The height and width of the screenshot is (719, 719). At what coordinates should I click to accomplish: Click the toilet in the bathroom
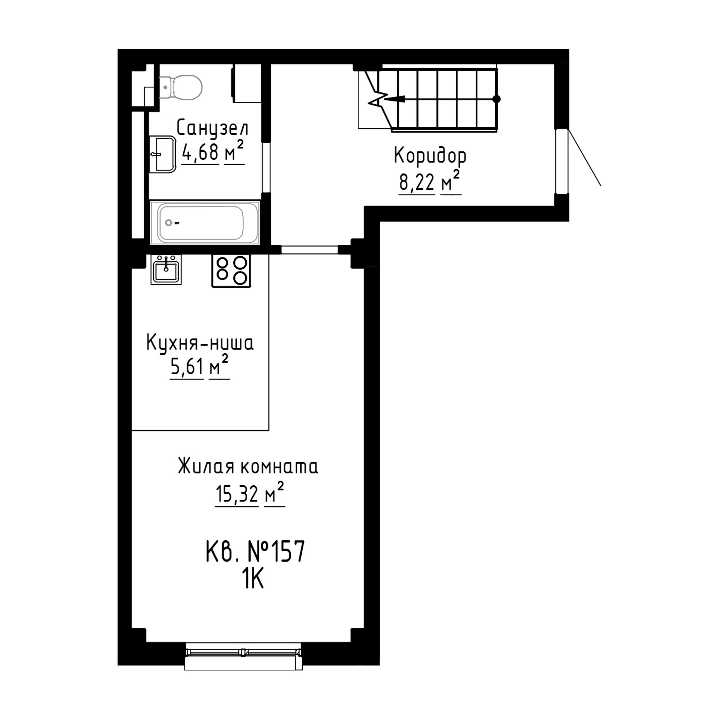pyautogui.click(x=180, y=87)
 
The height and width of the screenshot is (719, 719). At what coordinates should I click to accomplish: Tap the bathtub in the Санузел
pyautogui.click(x=205, y=223)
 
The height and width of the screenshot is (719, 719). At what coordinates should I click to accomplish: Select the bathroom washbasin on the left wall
pyautogui.click(x=162, y=154)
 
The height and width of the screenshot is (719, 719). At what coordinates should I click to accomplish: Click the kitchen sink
pyautogui.click(x=166, y=270)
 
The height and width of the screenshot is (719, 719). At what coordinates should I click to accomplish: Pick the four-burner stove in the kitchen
pyautogui.click(x=231, y=271)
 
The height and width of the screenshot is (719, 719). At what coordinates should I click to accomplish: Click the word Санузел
pyautogui.click(x=212, y=128)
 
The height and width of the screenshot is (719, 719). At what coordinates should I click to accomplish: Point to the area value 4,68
pyautogui.click(x=200, y=152)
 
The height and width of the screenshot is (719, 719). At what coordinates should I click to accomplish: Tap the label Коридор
pyautogui.click(x=430, y=156)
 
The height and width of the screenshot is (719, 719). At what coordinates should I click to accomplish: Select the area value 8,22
pyautogui.click(x=417, y=182)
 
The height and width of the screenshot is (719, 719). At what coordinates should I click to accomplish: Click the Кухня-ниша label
pyautogui.click(x=200, y=343)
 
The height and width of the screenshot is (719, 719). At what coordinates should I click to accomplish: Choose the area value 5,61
pyautogui.click(x=187, y=368)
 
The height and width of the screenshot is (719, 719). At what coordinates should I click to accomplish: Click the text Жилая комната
pyautogui.click(x=248, y=466)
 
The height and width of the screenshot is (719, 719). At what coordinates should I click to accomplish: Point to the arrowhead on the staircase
pyautogui.click(x=394, y=99)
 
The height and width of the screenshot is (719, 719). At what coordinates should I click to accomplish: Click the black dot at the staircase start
pyautogui.click(x=496, y=99)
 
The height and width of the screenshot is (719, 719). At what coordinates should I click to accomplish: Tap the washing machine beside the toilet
pyautogui.click(x=246, y=84)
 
